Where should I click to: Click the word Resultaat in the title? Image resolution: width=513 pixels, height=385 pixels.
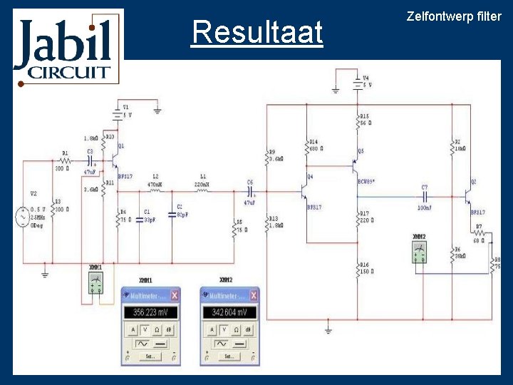click(x=256, y=33)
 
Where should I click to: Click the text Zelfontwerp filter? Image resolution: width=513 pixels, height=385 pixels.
click(x=453, y=16)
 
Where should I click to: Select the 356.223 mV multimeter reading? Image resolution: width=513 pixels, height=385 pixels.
click(x=150, y=313)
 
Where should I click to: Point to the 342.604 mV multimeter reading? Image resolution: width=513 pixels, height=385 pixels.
click(x=229, y=313)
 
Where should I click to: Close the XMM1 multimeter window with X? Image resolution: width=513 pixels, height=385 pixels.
click(x=175, y=295)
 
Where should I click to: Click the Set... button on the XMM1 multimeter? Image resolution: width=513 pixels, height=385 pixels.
click(x=150, y=356)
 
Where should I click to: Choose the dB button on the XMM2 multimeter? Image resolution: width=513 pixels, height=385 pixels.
click(x=247, y=330)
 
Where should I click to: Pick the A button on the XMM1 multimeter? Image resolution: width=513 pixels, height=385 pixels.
click(x=132, y=330)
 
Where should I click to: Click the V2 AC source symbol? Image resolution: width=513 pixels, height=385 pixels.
click(x=22, y=217)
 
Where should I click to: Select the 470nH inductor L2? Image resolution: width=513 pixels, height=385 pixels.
click(x=155, y=190)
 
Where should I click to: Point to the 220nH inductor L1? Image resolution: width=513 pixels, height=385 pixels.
click(x=202, y=190)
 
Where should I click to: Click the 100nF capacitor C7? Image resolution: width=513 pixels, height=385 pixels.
click(x=424, y=194)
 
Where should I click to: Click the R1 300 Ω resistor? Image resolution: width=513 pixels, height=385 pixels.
click(x=65, y=162)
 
